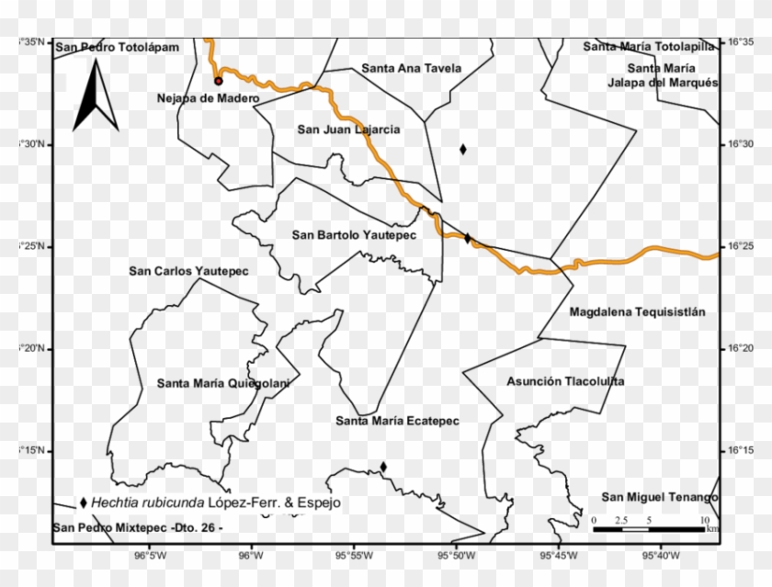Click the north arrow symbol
pyautogui.click(x=96, y=96)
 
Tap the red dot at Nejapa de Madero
pyautogui.click(x=219, y=81)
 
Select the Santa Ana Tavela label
pyautogui.click(x=412, y=68)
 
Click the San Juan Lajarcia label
pyautogui.click(x=348, y=130)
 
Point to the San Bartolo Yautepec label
pyautogui.click(x=354, y=235)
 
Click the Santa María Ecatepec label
pyautogui.click(x=397, y=422)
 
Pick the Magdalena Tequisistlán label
pyautogui.click(x=637, y=312)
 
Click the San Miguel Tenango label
pyautogui.click(x=659, y=497)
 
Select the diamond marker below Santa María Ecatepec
pyautogui.click(x=383, y=467)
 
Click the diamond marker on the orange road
pyautogui.click(x=467, y=239)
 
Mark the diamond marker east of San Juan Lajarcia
pyautogui.click(x=463, y=149)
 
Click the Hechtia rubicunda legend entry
pyautogui.click(x=210, y=503)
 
